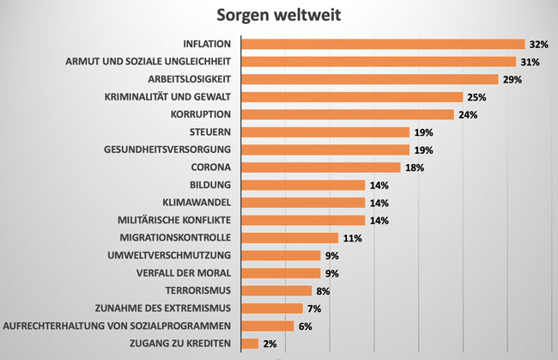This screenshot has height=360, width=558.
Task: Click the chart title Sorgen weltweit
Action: point(280,15)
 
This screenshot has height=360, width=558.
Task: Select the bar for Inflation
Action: point(383,44)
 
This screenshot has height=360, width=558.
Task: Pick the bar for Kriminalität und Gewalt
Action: point(352,97)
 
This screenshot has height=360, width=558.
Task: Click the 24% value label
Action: point(467,114)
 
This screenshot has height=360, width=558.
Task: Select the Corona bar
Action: point(321,168)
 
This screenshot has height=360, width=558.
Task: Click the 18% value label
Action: point(414,168)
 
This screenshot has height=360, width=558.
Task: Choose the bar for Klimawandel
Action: point(303,203)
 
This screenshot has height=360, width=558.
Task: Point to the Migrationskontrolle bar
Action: point(290,238)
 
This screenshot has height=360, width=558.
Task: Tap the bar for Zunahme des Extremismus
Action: point(272,308)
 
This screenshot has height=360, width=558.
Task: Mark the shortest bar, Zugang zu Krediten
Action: point(250,344)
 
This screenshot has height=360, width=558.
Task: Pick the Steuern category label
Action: point(211,132)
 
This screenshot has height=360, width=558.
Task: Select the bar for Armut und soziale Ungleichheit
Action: point(379,62)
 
